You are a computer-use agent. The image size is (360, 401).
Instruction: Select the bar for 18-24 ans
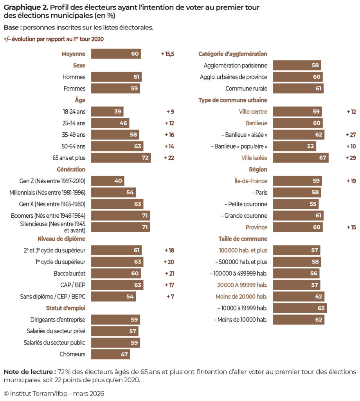[107, 112]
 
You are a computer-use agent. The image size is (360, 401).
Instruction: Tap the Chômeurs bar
[110, 354]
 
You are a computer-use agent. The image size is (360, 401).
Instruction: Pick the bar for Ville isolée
[301, 158]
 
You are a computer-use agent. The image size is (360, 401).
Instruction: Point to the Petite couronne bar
[295, 204]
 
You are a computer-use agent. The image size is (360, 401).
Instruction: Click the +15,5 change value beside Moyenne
[167, 54]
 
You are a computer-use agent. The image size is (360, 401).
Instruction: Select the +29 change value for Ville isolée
[351, 158]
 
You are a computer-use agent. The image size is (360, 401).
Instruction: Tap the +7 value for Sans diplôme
[170, 296]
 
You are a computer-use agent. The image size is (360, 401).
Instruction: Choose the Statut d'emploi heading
[65, 308]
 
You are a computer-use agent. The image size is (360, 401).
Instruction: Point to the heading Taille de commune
[243, 238]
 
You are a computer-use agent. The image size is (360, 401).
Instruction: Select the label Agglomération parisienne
[235, 65]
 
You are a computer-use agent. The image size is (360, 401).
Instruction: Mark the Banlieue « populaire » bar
[294, 146]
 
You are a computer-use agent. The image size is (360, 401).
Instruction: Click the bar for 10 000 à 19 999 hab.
[300, 308]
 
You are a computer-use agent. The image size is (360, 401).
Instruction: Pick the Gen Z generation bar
[108, 181]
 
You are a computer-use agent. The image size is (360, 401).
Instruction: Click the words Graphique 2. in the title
[25, 8]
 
